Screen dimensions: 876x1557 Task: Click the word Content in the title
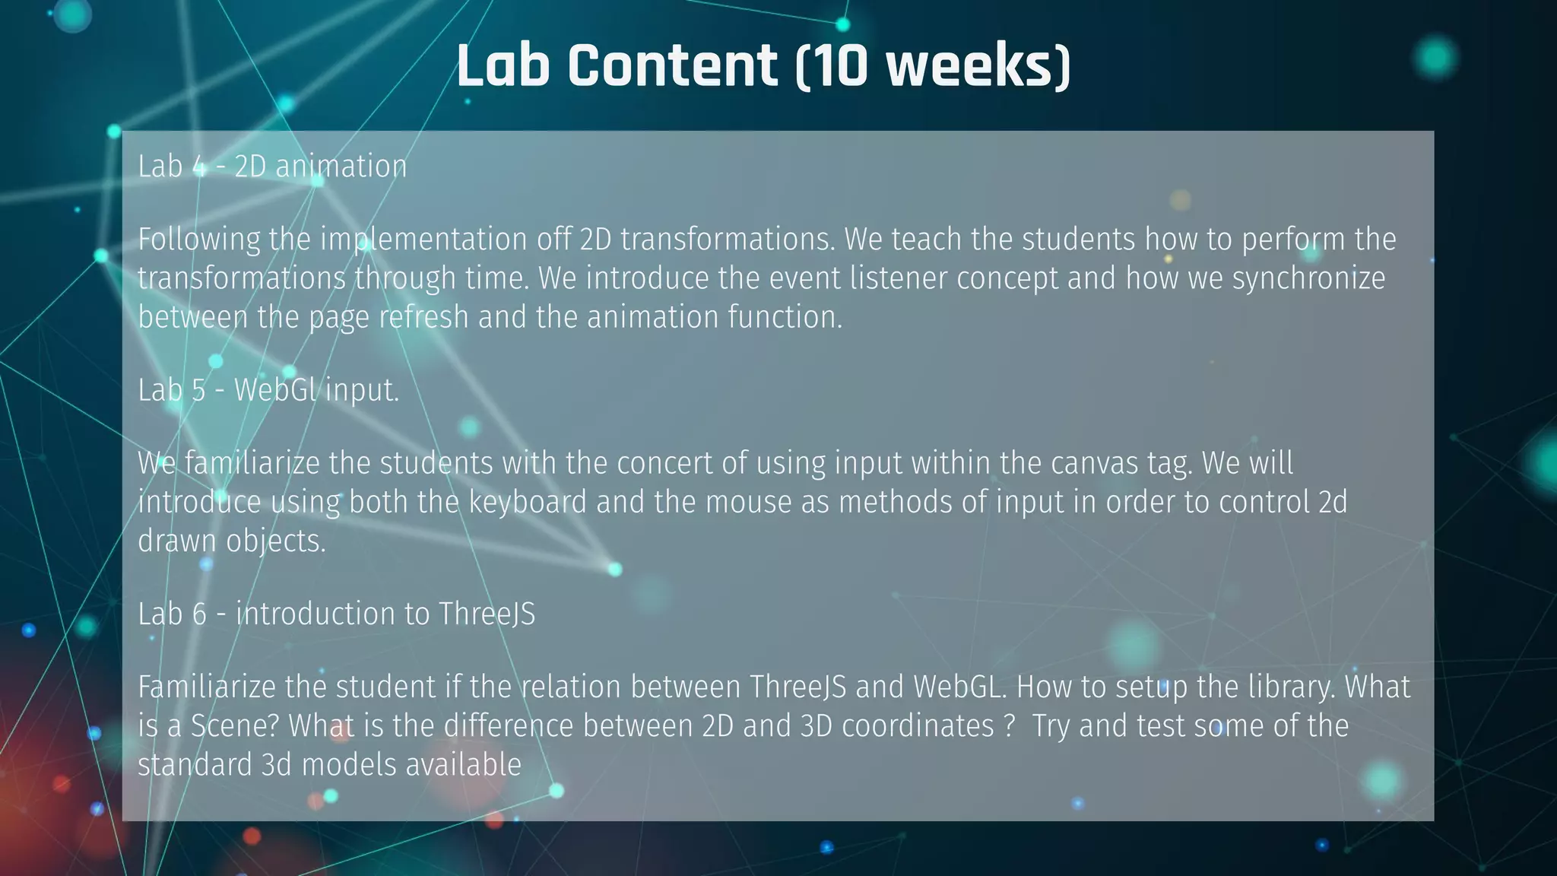tap(672, 66)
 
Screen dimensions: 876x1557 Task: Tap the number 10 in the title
tap(839, 66)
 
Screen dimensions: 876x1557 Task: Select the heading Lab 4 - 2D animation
tap(272, 166)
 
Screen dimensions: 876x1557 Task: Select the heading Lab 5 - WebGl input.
tap(268, 390)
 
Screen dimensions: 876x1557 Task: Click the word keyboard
tap(528, 503)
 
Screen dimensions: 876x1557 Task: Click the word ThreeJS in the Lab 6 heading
tap(487, 614)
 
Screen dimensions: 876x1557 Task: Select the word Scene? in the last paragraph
tap(235, 726)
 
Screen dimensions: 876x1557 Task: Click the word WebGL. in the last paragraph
tap(959, 687)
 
